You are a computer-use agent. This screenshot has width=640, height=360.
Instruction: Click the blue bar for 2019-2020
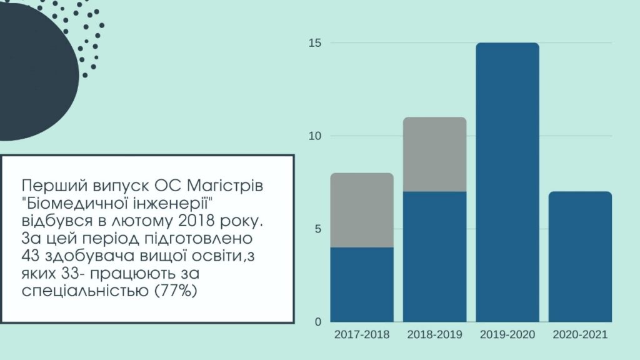507,182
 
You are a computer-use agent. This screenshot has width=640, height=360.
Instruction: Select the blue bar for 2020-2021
580,256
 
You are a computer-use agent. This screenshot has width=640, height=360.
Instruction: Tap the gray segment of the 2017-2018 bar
362,210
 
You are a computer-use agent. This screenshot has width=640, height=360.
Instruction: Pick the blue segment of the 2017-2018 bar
362,284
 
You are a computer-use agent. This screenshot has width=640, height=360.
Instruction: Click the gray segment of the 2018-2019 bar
434,154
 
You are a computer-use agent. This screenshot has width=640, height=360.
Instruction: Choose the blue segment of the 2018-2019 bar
434,256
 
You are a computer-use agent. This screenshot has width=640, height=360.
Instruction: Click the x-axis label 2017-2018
362,335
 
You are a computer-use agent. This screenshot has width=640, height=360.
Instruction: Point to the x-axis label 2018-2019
434,335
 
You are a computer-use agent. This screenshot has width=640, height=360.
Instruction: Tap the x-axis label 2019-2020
507,335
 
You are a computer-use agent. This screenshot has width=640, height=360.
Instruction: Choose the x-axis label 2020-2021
580,335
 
